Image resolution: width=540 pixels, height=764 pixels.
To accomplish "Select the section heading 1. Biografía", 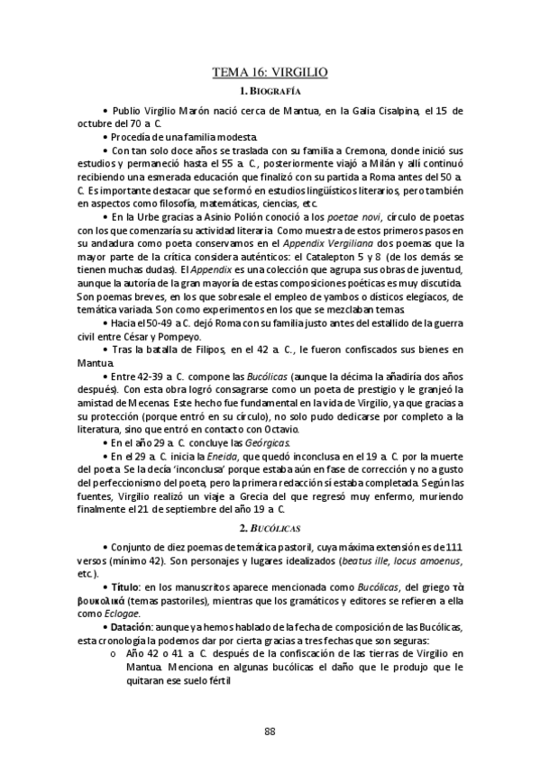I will point(270,92).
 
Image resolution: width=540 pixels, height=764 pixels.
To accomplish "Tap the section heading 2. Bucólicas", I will point(270,525).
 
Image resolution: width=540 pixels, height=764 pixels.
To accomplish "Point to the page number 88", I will point(270,730).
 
